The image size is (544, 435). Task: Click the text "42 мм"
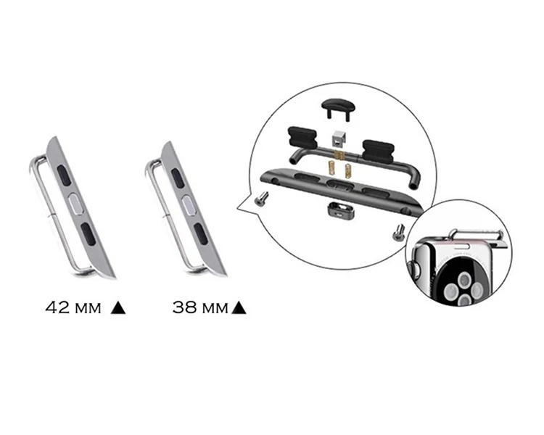73,307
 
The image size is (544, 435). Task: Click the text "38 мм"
200,307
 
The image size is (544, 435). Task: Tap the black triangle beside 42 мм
118,307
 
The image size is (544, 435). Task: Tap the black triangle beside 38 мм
239,307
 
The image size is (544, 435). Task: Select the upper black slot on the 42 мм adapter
64,175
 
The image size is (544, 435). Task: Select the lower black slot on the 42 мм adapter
88,234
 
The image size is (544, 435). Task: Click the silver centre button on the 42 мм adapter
75,204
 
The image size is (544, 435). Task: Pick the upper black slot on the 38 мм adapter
178,178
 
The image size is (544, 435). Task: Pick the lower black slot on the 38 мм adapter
200,234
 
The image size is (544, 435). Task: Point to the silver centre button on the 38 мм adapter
189,207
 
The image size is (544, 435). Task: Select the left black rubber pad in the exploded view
302,137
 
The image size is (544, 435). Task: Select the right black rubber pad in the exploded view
378,151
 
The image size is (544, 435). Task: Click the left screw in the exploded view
261,199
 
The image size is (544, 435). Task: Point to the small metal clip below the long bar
340,211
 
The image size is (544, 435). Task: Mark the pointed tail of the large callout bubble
238,209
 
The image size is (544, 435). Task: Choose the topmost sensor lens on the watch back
464,278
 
